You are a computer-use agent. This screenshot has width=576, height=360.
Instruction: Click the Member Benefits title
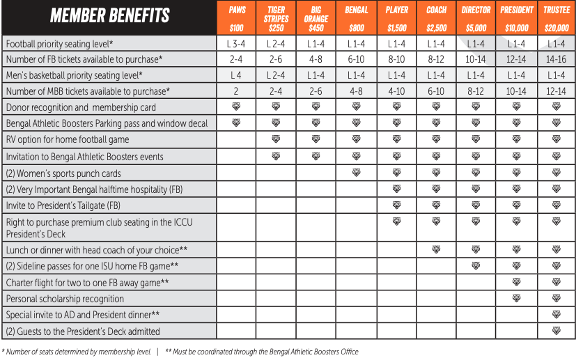click(109, 15)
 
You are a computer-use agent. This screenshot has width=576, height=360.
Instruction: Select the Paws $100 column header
click(237, 19)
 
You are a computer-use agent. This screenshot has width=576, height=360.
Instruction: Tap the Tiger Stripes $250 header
click(277, 19)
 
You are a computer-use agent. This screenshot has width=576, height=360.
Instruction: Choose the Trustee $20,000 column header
click(556, 19)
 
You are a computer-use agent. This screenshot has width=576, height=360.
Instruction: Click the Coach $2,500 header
click(437, 19)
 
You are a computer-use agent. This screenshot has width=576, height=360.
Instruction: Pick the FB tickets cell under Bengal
click(357, 60)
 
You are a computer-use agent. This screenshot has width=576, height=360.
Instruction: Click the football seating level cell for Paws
click(237, 44)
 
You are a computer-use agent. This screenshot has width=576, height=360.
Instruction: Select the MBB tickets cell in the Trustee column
click(556, 91)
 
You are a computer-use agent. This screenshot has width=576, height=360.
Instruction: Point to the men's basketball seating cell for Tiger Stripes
click(277, 75)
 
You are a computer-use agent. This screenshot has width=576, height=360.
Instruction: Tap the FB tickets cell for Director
click(476, 60)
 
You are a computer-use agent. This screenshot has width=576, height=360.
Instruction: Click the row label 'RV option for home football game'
click(68, 140)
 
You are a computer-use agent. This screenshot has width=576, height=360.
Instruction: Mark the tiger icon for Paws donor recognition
click(237, 107)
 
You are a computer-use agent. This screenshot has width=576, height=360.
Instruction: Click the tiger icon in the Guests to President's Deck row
click(556, 331)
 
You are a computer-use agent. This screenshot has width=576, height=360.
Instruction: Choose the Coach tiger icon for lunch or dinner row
click(437, 249)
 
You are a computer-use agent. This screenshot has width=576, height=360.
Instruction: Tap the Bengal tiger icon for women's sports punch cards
click(357, 173)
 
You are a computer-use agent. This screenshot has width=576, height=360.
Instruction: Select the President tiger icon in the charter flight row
click(516, 282)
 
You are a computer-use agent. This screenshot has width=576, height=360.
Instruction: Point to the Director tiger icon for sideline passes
click(476, 266)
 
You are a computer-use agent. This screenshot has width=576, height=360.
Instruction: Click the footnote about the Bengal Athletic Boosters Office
click(261, 352)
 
